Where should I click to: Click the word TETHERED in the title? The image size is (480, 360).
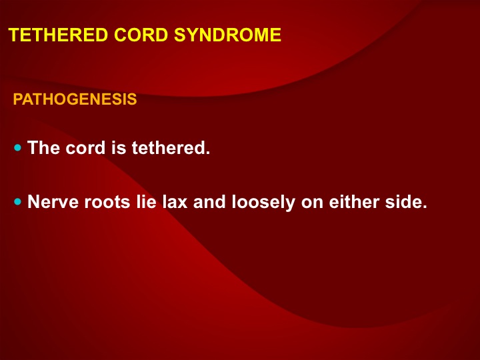pos(58,35)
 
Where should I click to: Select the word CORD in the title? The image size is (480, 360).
pos(141,35)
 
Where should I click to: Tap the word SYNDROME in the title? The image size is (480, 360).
pos(227,35)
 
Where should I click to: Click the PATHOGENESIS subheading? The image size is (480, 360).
pos(75,99)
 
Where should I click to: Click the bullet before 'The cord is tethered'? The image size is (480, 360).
pos(18,148)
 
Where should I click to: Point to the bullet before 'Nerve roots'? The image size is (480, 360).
pos(18,202)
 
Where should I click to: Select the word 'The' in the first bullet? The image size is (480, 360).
pos(43,147)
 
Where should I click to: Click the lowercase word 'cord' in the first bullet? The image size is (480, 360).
pos(85,147)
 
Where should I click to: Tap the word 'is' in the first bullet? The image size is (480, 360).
pos(119,147)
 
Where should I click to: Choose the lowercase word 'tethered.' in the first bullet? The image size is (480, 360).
pos(171,147)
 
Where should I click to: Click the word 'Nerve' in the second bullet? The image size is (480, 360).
pos(53,202)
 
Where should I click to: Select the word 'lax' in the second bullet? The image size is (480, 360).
pos(175,202)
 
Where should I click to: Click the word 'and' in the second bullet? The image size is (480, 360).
pos(209,202)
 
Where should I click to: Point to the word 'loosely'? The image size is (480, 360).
pos(263,203)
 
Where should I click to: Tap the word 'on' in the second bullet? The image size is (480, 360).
pos(312,203)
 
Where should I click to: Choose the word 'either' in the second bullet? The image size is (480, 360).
pos(354,202)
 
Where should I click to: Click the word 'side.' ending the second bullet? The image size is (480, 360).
pos(406,202)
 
